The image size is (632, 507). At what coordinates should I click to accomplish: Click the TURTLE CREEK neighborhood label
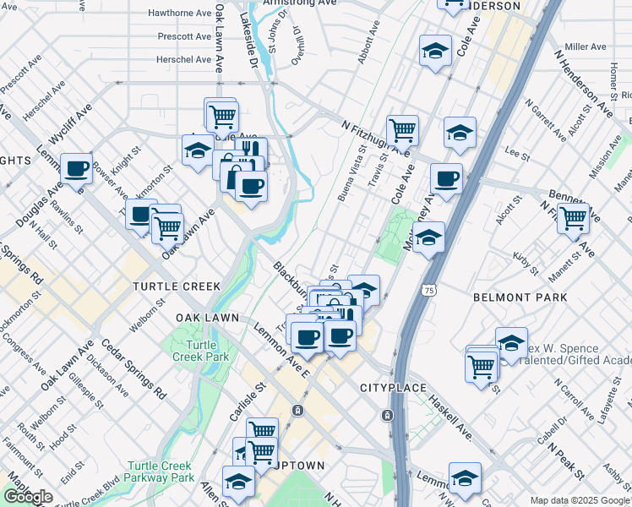176,286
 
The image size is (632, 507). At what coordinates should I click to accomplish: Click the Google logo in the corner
28,497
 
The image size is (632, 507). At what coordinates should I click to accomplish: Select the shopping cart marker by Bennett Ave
574,218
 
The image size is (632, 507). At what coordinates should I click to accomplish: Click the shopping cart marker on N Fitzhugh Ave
403,131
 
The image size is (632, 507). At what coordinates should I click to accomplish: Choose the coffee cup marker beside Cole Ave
446,179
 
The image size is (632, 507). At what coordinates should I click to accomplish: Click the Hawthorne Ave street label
179,14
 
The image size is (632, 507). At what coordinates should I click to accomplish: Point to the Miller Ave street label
586,46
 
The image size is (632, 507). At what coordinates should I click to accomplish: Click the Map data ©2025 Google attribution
580,500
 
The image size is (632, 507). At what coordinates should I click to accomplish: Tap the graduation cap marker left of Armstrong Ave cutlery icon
198,151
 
